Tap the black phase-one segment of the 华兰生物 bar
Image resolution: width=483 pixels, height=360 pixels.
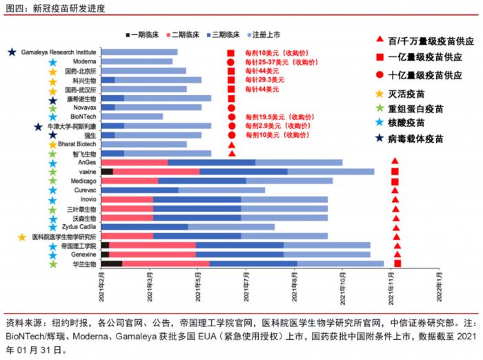point(111,263)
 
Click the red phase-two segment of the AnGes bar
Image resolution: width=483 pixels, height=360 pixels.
point(134,162)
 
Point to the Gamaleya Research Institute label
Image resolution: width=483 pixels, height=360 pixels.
point(59,52)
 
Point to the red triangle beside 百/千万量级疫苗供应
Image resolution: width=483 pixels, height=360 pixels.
point(379,41)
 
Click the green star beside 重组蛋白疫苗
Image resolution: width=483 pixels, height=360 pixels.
point(379,108)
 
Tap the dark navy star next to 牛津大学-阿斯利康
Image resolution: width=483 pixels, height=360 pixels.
point(39,126)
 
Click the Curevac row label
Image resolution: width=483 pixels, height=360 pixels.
point(84,190)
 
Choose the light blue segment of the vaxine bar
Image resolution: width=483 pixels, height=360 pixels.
point(331,171)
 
